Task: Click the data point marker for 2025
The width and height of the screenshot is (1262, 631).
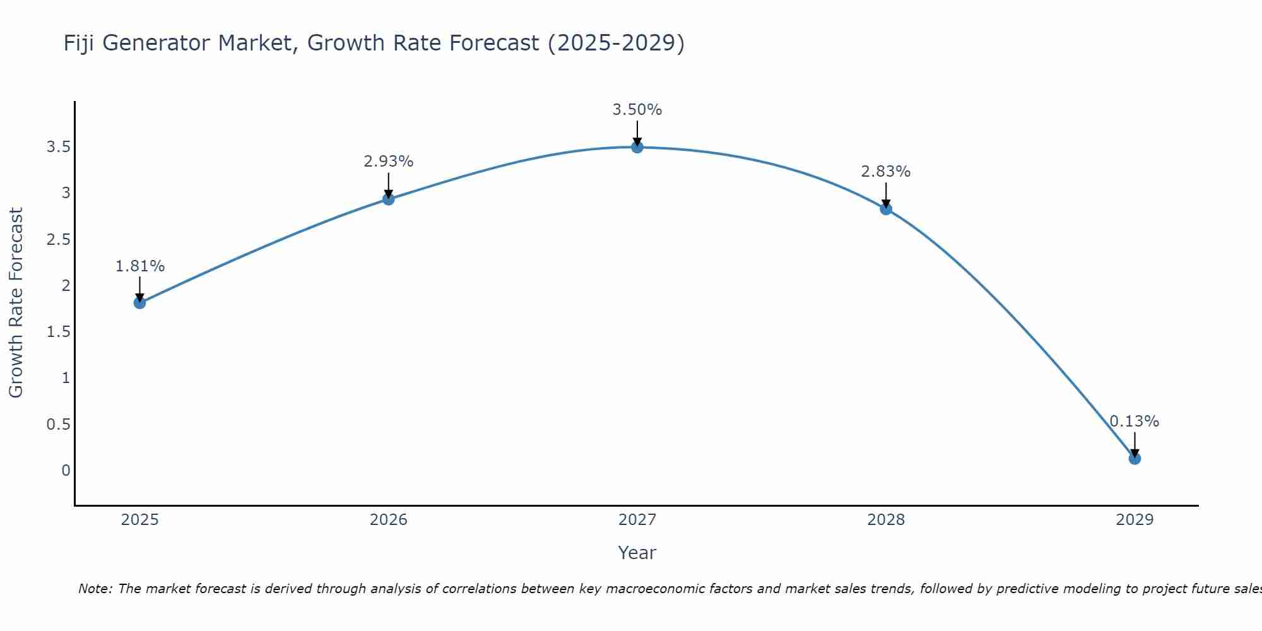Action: (140, 303)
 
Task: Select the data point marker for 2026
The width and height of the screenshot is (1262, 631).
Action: (389, 199)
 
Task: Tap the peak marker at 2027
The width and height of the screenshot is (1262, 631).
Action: (637, 147)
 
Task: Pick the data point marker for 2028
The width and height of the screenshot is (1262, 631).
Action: (886, 209)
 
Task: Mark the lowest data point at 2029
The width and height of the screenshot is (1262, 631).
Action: (1135, 458)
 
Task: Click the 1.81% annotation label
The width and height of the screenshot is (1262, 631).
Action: (140, 266)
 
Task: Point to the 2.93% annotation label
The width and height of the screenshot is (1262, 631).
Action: (389, 162)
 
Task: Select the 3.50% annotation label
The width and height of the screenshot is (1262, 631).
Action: (637, 110)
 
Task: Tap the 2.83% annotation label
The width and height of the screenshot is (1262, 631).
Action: (886, 172)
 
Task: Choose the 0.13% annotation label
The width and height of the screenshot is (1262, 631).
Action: (1135, 422)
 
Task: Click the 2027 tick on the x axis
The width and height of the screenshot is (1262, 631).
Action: (637, 520)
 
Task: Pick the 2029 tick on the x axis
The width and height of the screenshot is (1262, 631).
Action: (1135, 520)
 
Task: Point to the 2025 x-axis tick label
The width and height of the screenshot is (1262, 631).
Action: (140, 520)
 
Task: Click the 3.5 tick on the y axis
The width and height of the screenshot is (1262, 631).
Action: (58, 147)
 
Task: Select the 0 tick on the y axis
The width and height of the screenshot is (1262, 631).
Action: (66, 471)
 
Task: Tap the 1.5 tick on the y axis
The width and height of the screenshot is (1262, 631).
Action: (58, 332)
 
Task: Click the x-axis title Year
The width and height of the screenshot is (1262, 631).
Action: (637, 553)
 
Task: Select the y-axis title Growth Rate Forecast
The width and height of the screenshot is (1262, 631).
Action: (16, 303)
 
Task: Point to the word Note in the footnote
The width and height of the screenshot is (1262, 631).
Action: (95, 589)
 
